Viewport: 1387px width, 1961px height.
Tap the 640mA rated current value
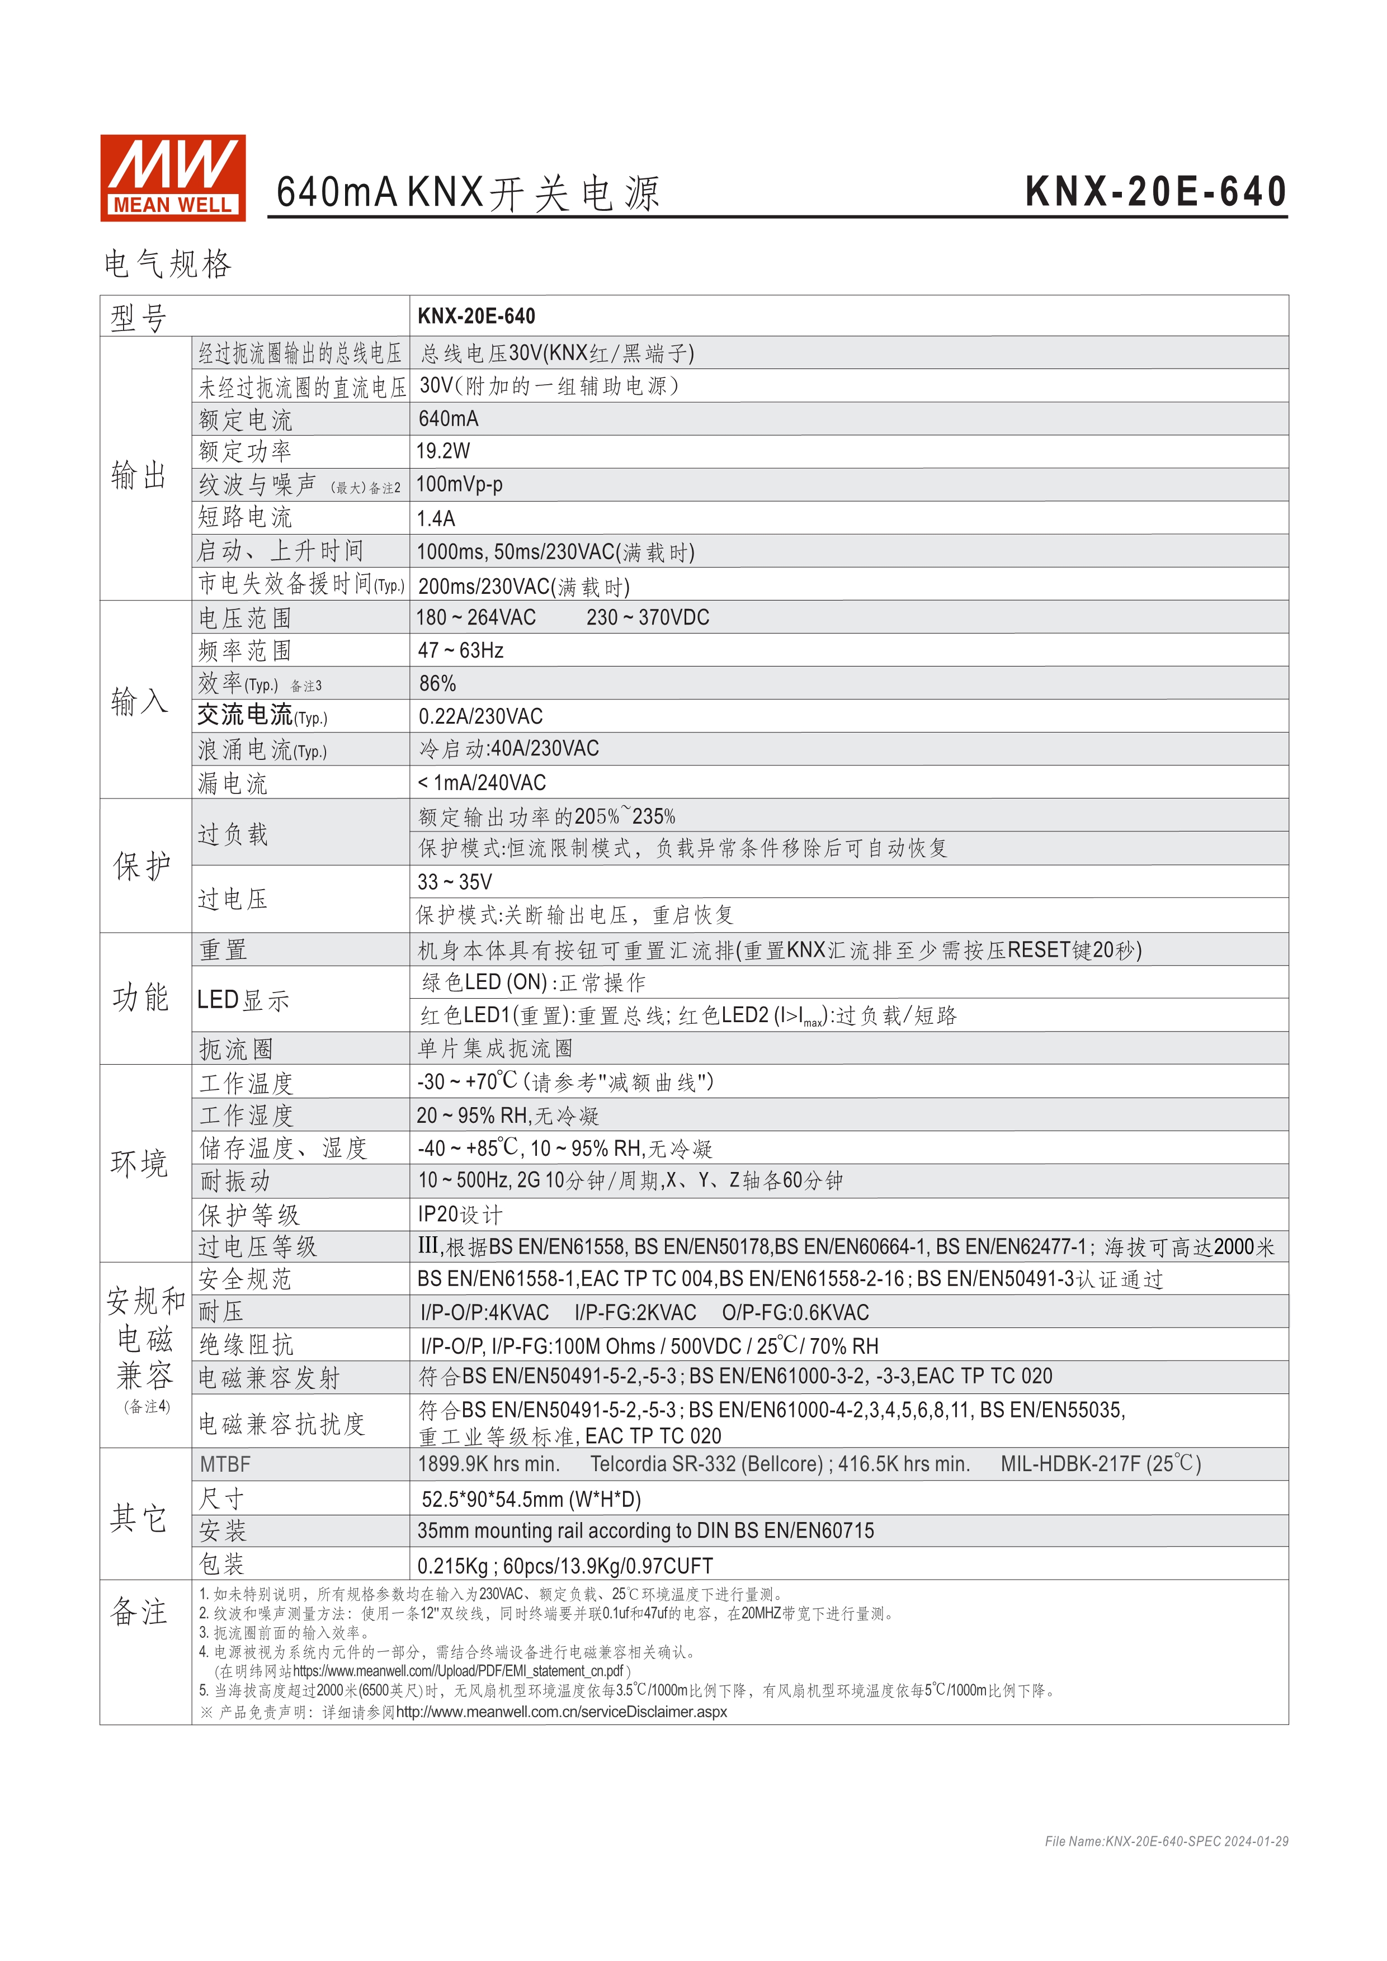[x=449, y=418]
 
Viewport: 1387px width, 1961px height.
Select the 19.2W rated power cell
[x=444, y=451]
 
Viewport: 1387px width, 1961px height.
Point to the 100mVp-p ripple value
[x=460, y=484]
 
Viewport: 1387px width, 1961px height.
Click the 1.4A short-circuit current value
[x=436, y=518]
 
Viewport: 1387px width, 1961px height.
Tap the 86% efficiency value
[x=437, y=683]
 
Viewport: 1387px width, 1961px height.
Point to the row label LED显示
[x=243, y=999]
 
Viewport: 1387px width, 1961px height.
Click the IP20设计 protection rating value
[x=460, y=1215]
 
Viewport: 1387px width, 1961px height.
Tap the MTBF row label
[x=225, y=1464]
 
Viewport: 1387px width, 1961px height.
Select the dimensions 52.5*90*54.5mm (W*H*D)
[x=530, y=1499]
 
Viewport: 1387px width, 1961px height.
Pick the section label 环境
[x=139, y=1163]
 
